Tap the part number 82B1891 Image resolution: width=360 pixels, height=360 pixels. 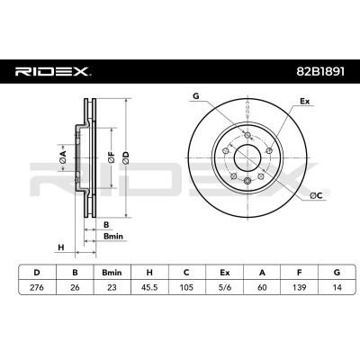coord(320,72)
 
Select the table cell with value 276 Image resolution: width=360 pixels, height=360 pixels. coord(37,287)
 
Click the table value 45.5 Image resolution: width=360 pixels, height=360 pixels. coord(149,287)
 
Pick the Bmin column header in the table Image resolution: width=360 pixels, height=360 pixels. coord(112,273)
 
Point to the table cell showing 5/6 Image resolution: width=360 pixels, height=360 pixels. coord(224,287)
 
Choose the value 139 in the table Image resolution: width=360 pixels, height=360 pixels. coord(300,287)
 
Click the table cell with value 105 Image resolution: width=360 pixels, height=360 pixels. coord(186,287)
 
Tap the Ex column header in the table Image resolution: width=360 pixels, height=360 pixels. coord(224,273)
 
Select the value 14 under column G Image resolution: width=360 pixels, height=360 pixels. coord(337,287)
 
